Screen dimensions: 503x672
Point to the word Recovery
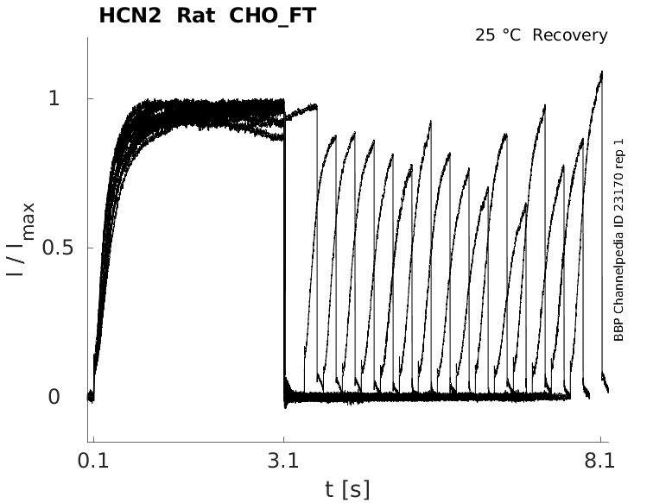click(571, 35)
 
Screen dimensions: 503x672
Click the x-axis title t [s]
click(347, 489)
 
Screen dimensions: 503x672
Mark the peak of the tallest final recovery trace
click(601, 72)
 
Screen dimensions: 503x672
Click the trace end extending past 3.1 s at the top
click(316, 106)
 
